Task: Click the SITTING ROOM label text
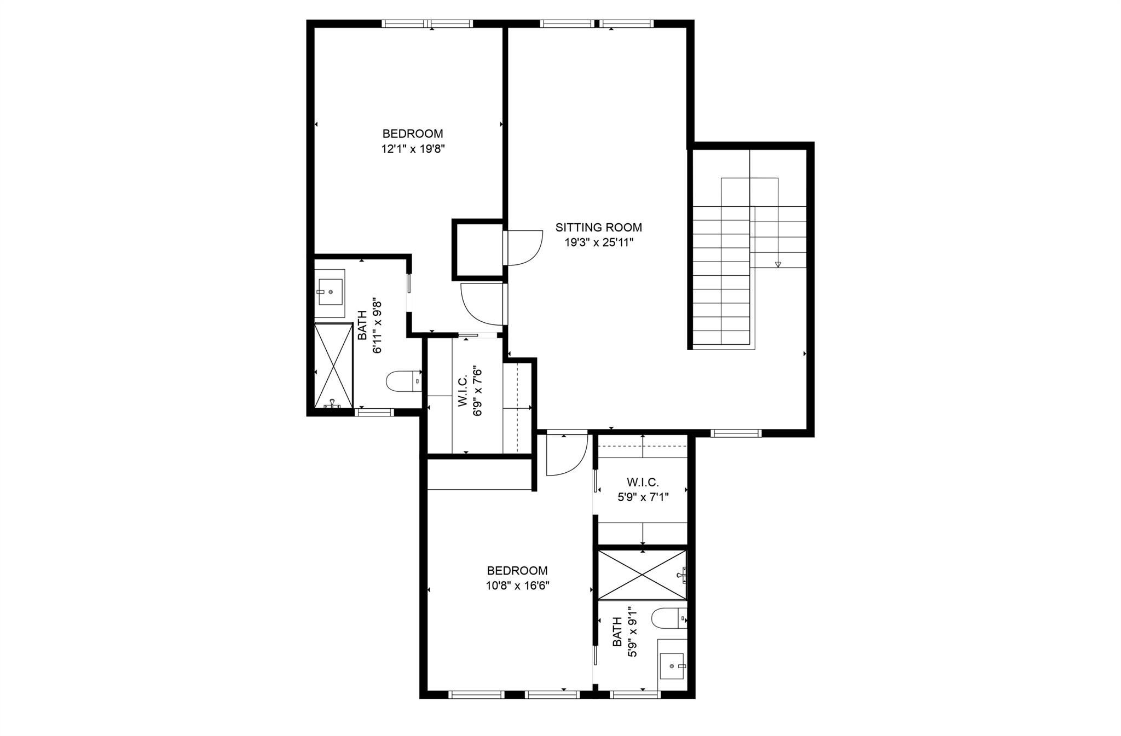pyautogui.click(x=598, y=228)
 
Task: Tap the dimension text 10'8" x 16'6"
pyautogui.click(x=517, y=586)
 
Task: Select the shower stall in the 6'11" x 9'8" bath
pyautogui.click(x=333, y=365)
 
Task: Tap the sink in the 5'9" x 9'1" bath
pyautogui.click(x=672, y=665)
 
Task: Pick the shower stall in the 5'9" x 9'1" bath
pyautogui.click(x=642, y=575)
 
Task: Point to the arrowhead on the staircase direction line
pyautogui.click(x=778, y=265)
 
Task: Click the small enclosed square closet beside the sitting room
pyautogui.click(x=478, y=250)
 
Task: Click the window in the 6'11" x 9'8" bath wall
pyautogui.click(x=375, y=412)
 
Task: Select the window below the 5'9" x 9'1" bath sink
pyautogui.click(x=635, y=694)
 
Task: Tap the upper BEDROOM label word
pyautogui.click(x=413, y=134)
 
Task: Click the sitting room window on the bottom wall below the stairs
pyautogui.click(x=736, y=433)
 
